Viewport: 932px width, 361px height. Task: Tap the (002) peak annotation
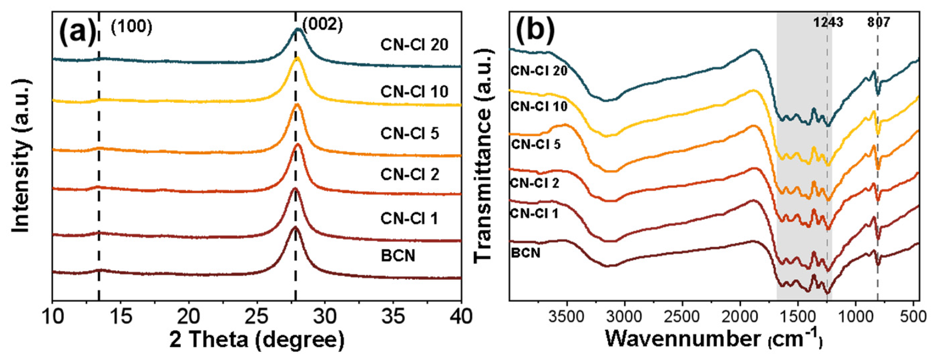pyautogui.click(x=322, y=25)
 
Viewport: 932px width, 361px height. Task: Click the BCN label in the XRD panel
pyautogui.click(x=398, y=256)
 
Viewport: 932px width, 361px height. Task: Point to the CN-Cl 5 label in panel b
pyautogui.click(x=536, y=144)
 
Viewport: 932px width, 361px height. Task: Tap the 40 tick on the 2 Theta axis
pyautogui.click(x=460, y=317)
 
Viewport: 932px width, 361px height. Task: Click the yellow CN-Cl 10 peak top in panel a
pyautogui.click(x=297, y=58)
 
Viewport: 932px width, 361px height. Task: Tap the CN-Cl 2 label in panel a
pyautogui.click(x=410, y=174)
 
